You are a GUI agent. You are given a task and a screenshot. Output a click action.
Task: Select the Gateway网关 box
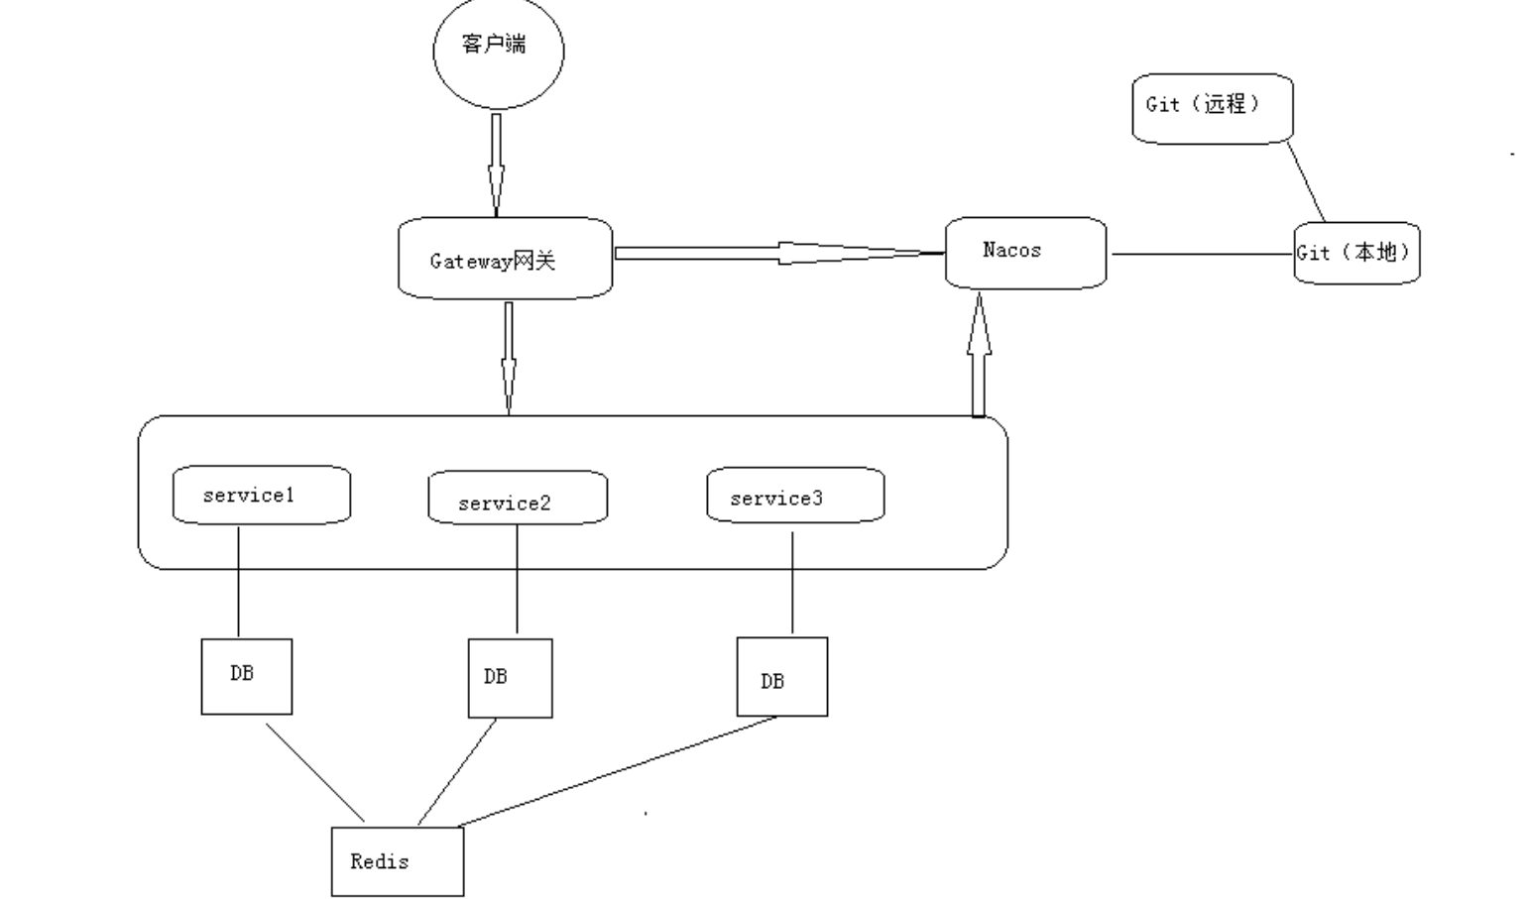point(505,259)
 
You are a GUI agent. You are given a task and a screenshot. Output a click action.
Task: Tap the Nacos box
point(1025,253)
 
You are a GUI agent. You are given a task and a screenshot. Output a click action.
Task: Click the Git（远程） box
point(1212,108)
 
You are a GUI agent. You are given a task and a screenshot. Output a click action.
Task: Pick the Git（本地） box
point(1356,254)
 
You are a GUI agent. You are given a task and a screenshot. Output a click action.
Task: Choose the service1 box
point(261,495)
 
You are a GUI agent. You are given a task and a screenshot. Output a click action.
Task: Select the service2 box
point(517,498)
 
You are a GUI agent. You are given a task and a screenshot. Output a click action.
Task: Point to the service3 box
point(794,495)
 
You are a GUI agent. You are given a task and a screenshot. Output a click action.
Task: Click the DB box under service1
point(246,676)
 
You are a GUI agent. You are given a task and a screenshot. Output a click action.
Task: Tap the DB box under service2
point(510,678)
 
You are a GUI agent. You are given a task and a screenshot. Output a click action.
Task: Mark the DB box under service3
point(781,676)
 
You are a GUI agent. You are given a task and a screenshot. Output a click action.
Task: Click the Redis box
point(397,861)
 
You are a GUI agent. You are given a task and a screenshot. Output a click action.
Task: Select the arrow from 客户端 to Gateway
point(496,164)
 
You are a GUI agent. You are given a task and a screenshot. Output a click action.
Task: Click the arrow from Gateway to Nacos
point(778,253)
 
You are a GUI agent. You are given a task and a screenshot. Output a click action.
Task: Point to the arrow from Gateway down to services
point(509,357)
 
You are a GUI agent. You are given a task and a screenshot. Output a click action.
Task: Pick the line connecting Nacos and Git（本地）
point(1200,254)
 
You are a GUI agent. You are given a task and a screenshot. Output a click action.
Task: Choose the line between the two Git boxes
point(1306,182)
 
